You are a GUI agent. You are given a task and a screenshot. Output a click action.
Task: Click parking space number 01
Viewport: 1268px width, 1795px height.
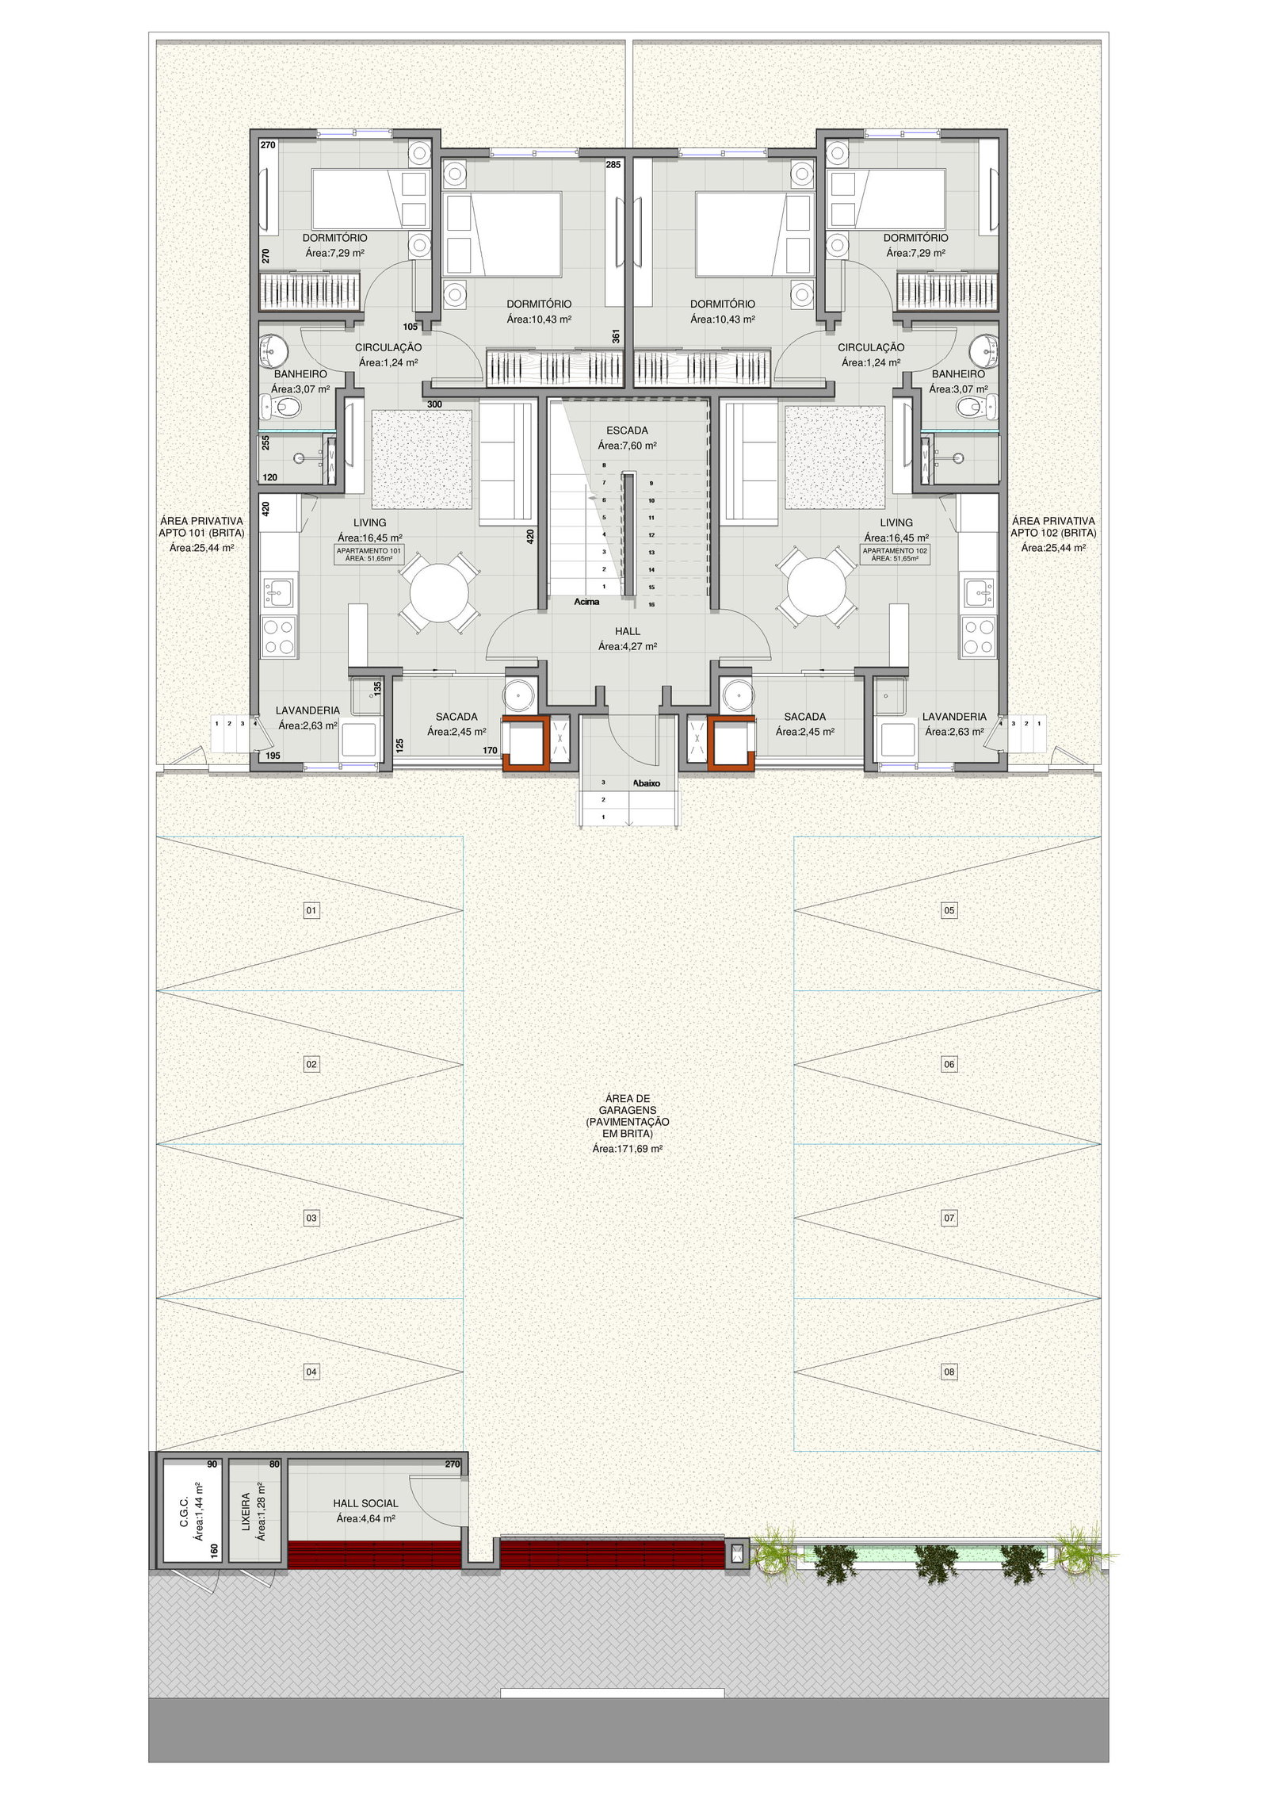pyautogui.click(x=311, y=910)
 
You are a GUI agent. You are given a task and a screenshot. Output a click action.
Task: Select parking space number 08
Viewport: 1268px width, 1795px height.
pyautogui.click(x=949, y=1372)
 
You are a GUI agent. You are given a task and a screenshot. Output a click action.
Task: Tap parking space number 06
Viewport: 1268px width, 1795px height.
pyautogui.click(x=949, y=1064)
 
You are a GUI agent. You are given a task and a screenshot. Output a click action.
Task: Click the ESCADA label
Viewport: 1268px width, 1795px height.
pyautogui.click(x=627, y=431)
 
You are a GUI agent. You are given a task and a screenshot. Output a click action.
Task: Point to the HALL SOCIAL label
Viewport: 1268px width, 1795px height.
pyautogui.click(x=365, y=1503)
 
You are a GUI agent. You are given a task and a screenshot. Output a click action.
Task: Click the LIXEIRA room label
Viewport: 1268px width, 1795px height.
pyautogui.click(x=246, y=1513)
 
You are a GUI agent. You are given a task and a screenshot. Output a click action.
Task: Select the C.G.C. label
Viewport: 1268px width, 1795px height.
pyautogui.click(x=184, y=1512)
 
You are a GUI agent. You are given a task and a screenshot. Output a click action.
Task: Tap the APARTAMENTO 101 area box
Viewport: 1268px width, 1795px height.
pyautogui.click(x=369, y=554)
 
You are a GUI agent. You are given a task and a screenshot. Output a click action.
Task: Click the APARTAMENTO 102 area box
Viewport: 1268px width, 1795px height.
pyautogui.click(x=896, y=554)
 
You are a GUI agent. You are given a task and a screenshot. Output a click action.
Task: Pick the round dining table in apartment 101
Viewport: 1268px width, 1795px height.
pyautogui.click(x=439, y=591)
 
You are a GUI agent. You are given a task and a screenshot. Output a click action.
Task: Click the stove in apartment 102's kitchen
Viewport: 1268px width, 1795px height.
pyautogui.click(x=979, y=636)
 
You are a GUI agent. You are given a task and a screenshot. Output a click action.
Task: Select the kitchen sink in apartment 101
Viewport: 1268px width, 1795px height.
pyautogui.click(x=278, y=591)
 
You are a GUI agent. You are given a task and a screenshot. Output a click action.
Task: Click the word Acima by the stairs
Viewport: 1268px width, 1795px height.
pyautogui.click(x=586, y=602)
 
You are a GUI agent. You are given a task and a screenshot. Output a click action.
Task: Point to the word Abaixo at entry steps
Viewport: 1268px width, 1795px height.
pyautogui.click(x=646, y=783)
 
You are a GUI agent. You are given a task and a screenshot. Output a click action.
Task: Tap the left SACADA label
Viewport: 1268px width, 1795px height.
pyautogui.click(x=456, y=717)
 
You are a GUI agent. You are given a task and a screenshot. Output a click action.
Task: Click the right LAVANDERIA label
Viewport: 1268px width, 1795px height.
pyautogui.click(x=954, y=717)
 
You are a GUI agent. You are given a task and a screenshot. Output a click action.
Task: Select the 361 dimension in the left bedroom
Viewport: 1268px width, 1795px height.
pyautogui.click(x=616, y=336)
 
